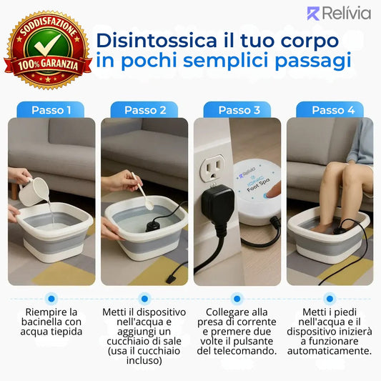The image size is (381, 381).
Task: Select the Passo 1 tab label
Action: click(x=51, y=110)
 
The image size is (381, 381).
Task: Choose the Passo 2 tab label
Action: click(x=145, y=110)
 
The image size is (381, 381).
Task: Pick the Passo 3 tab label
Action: click(x=239, y=110)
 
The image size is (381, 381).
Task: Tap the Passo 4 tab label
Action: click(x=333, y=110)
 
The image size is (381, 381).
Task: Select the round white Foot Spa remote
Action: click(x=257, y=193)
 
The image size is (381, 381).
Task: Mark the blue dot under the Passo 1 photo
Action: click(x=51, y=298)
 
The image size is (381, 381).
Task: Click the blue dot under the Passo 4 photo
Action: click(x=330, y=298)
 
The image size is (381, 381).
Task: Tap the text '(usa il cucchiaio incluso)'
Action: click(x=144, y=356)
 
